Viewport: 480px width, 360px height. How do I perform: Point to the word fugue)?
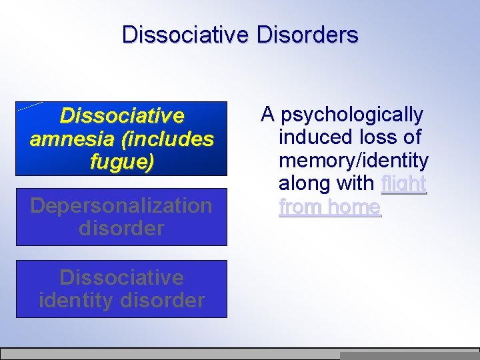(x=121, y=161)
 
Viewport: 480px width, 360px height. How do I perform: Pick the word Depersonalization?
(x=121, y=205)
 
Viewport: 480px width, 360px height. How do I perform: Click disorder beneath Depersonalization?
(x=121, y=228)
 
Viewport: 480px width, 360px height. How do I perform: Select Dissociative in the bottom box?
(x=121, y=277)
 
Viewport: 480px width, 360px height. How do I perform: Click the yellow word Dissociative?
(x=121, y=116)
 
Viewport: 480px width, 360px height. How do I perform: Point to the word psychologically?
(x=352, y=115)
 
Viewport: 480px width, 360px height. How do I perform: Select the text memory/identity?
(x=353, y=161)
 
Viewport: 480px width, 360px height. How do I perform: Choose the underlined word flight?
(x=403, y=183)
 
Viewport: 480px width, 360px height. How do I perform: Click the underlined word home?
(x=355, y=207)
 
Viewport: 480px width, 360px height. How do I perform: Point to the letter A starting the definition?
(x=268, y=115)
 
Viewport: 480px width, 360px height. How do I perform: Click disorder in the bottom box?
(x=163, y=300)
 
